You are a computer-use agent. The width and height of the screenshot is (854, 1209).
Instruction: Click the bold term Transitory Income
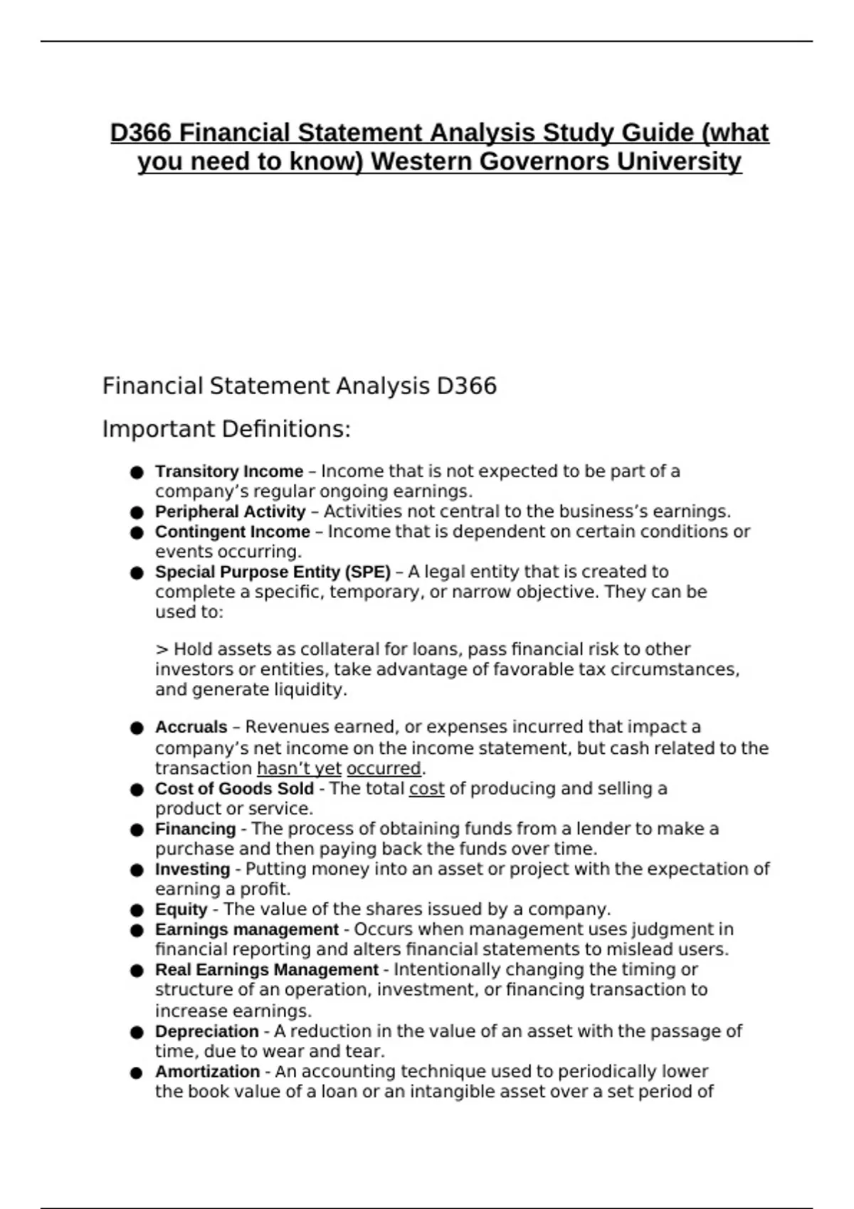(229, 472)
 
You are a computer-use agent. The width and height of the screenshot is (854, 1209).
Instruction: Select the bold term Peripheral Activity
(230, 512)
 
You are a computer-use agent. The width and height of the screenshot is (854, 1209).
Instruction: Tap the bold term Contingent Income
(233, 532)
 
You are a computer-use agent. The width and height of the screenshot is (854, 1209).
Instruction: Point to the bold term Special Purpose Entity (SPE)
(273, 572)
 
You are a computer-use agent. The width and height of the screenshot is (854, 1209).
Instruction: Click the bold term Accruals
(191, 727)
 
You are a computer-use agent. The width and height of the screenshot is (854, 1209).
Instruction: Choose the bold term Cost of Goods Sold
(234, 789)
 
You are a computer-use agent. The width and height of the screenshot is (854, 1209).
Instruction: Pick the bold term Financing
(195, 829)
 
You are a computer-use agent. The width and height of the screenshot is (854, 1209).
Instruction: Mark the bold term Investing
(192, 869)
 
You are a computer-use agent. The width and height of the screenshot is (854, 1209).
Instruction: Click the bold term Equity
(181, 910)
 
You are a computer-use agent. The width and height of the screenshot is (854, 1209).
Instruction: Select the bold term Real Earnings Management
(267, 970)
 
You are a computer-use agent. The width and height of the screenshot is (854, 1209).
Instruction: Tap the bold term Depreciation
(206, 1031)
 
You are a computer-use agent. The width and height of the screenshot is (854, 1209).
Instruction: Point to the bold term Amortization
(207, 1072)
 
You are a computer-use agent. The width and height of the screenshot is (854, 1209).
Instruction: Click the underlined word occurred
(384, 769)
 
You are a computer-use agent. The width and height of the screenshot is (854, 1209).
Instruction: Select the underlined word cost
(426, 789)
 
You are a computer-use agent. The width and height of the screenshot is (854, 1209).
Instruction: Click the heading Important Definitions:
(226, 430)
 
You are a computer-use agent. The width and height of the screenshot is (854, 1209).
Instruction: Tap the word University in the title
(679, 162)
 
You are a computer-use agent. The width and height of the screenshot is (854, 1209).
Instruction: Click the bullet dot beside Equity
(137, 910)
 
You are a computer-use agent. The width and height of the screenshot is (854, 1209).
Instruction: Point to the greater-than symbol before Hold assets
(162, 650)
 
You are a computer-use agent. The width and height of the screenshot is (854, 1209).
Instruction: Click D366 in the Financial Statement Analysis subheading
(466, 386)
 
